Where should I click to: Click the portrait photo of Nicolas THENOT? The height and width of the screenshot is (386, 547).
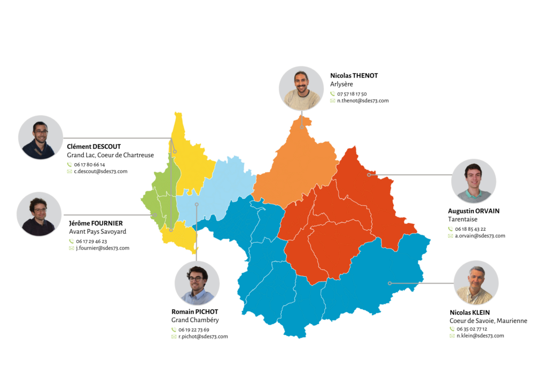tap(301, 88)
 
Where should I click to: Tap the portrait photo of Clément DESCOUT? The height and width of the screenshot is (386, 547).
tap(41, 138)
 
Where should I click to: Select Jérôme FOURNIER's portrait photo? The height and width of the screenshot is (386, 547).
tap(39, 214)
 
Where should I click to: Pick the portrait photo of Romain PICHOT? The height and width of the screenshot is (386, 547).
tap(197, 283)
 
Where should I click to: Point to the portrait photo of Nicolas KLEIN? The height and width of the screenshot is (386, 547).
tap(476, 283)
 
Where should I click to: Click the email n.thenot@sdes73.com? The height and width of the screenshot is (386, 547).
tap(363, 101)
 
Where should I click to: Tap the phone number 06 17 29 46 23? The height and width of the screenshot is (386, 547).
tap(91, 241)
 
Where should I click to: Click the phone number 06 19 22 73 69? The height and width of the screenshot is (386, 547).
tap(194, 329)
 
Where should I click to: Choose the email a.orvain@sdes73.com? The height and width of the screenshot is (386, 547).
tap(480, 236)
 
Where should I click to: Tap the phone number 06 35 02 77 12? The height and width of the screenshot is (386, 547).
tap(471, 329)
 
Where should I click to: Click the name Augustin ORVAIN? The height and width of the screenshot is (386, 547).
tap(474, 211)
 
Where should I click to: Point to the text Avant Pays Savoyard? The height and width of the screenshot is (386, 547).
tap(97, 232)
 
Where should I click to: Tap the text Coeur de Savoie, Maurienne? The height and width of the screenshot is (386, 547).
tap(488, 321)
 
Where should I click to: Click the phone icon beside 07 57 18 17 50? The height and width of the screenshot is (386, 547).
tap(332, 94)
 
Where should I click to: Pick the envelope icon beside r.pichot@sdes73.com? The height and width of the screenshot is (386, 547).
tap(174, 337)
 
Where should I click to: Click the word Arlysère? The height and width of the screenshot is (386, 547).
tap(341, 84)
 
